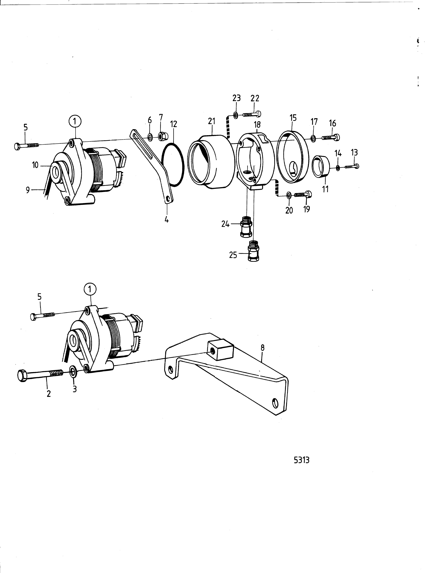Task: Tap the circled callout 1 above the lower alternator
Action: [90, 290]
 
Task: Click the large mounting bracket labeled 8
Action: [225, 373]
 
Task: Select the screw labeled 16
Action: [331, 138]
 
